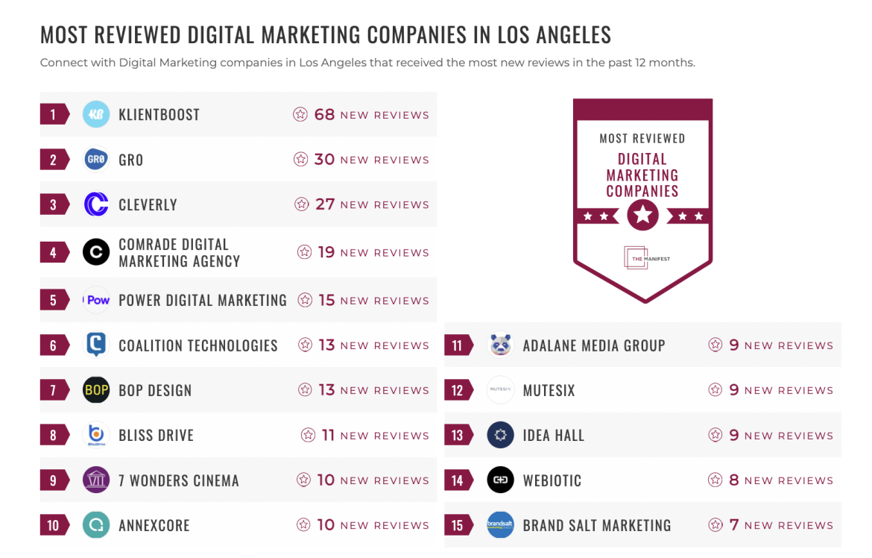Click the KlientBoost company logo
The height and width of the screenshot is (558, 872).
96,114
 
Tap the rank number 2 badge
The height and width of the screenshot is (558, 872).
54,160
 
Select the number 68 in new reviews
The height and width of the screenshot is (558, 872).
324,114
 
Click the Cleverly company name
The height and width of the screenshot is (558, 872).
148,204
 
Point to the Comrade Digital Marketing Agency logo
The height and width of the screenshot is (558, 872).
96,252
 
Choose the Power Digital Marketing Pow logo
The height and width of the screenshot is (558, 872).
96,300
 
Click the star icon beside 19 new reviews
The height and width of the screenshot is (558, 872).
304,252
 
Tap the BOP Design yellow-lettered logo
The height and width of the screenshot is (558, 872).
96,390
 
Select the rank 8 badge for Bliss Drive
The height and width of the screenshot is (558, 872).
54,436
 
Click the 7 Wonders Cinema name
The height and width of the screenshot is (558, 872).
179,480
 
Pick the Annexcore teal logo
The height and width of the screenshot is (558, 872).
96,525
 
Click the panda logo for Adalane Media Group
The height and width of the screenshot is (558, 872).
500,345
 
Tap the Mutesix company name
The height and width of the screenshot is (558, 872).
549,390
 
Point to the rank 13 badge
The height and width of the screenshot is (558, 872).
458,436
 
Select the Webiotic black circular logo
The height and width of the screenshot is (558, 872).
500,480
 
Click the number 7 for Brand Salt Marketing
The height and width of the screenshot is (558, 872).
734,525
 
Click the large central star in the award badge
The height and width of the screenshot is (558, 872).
642,216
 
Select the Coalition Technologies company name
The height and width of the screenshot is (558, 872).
198,345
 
